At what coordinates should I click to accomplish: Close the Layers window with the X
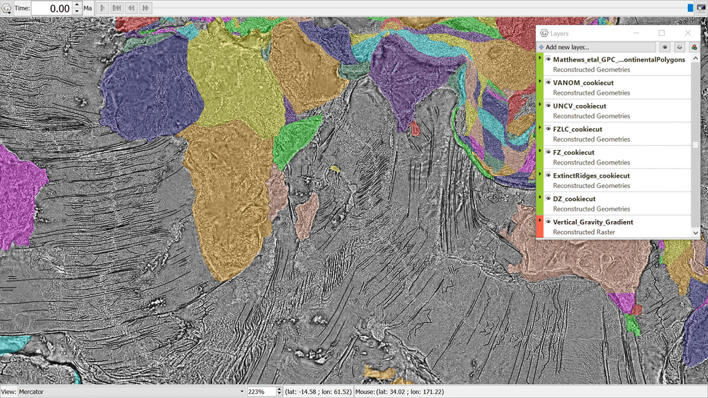[687, 33]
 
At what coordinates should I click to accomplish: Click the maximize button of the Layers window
[661, 33]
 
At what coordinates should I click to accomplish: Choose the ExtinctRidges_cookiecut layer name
[591, 176]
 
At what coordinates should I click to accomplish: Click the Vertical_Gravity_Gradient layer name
[593, 222]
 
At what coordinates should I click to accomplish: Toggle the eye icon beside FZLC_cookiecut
[548, 129]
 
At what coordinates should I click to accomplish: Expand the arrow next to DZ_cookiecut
[540, 198]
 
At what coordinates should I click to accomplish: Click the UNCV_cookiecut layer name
[579, 106]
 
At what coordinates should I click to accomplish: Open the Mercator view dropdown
[131, 392]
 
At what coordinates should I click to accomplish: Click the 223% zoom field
[260, 392]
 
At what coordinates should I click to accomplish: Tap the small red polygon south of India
[413, 129]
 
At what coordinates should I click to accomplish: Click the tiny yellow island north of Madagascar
[335, 169]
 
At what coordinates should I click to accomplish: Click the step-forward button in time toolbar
[145, 8]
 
